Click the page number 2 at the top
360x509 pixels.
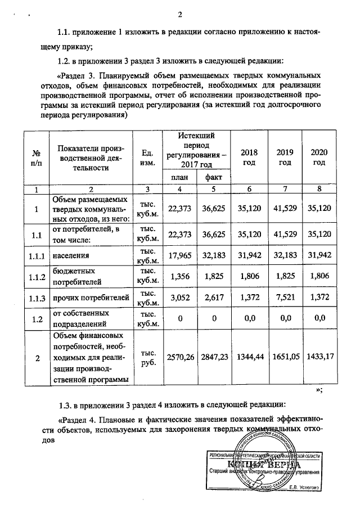pos(181,14)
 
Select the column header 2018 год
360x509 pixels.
pos(249,157)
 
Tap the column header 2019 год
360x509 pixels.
pos(284,157)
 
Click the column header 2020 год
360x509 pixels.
pos(319,157)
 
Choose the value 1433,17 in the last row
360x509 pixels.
pos(319,357)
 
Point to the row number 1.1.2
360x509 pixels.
pos(36,277)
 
